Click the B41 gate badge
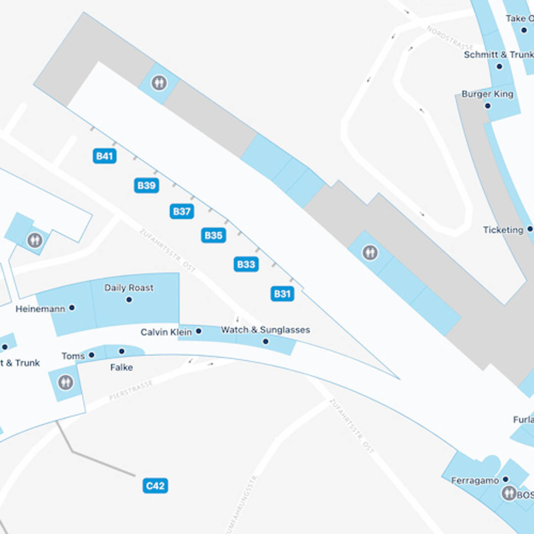tap(104, 156)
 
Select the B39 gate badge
tap(146, 185)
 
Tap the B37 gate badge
tap(181, 211)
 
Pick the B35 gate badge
tap(214, 235)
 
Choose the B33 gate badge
tap(246, 264)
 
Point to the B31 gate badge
tap(282, 294)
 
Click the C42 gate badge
tap(155, 486)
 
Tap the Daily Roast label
tap(129, 288)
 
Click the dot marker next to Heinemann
tap(72, 308)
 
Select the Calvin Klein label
tap(166, 332)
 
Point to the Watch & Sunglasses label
tap(265, 330)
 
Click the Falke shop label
tap(122, 367)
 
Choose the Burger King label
tap(487, 94)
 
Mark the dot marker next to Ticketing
tap(530, 229)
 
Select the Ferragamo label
tap(475, 481)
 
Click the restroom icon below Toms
tap(65, 382)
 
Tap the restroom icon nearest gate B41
tap(159, 83)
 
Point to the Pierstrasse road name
tap(131, 390)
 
